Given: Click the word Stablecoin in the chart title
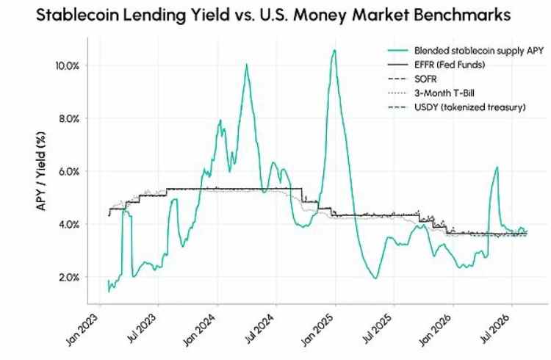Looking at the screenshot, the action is pyautogui.click(x=77, y=15).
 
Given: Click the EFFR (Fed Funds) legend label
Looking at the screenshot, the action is pyautogui.click(x=450, y=65).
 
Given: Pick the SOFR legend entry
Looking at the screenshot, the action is pyautogui.click(x=425, y=79).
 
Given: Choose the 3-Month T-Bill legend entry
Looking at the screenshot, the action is pyautogui.click(x=444, y=93).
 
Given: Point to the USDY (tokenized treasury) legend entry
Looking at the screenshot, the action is pyautogui.click(x=470, y=107).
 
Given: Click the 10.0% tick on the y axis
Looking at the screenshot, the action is pyautogui.click(x=68, y=65).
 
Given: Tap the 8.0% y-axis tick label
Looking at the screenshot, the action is pyautogui.click(x=69, y=118).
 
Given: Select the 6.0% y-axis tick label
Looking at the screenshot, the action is pyautogui.click(x=69, y=171).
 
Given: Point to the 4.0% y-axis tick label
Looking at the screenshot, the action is pyautogui.click(x=69, y=224).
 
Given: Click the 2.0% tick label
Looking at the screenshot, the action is pyautogui.click(x=69, y=277).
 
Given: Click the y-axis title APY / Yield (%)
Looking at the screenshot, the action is pyautogui.click(x=41, y=171).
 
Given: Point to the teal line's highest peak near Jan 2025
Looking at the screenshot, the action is pyautogui.click(x=334, y=50).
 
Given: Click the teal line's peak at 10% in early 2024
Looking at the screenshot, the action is pyautogui.click(x=246, y=65).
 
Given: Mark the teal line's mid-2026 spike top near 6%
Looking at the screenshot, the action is pyautogui.click(x=497, y=167).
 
